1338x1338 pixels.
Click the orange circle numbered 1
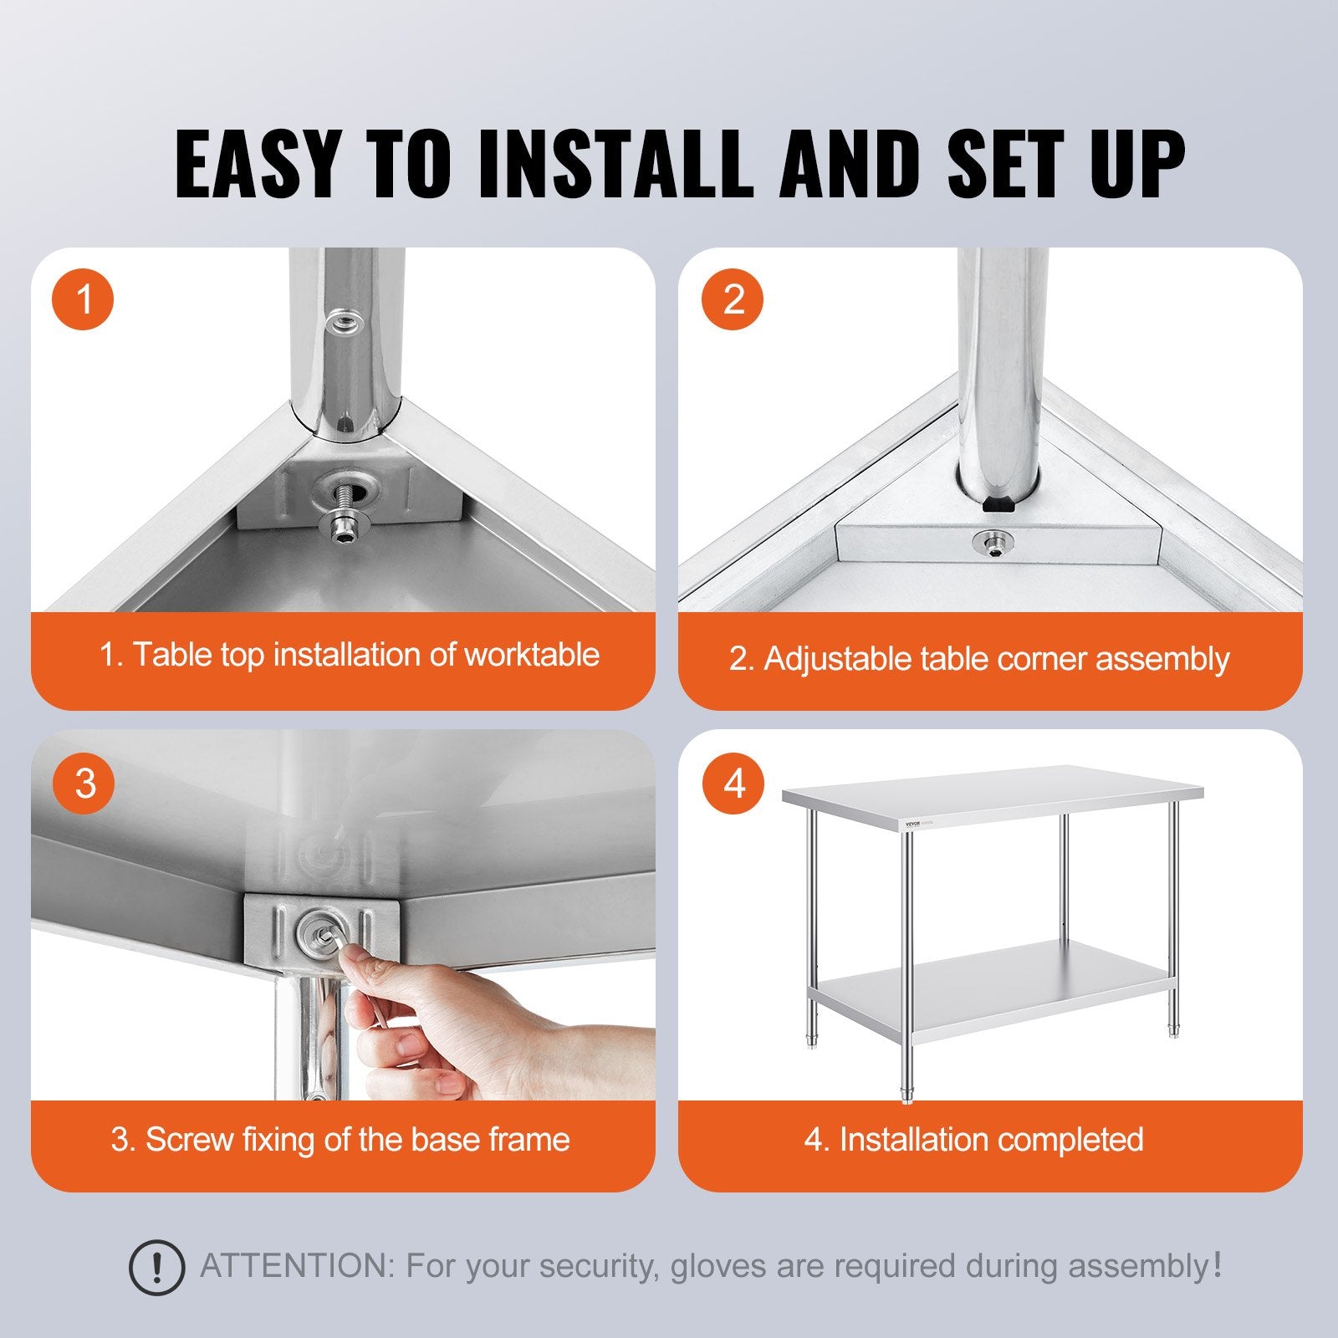coord(84,299)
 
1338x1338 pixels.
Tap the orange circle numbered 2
coord(733,299)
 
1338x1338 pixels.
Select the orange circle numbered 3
coord(84,784)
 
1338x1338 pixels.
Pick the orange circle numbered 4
coord(733,784)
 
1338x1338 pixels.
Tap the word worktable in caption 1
coord(532,655)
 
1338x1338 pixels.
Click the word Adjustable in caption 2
coord(837,659)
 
